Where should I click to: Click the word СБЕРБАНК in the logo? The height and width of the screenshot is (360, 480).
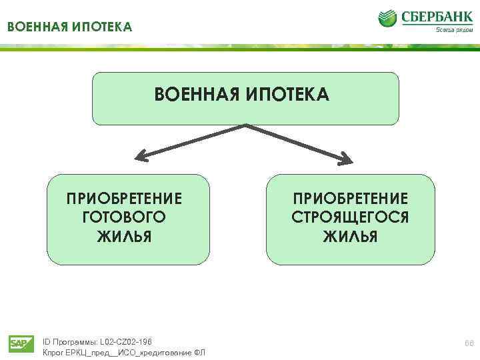pyautogui.click(x=435, y=15)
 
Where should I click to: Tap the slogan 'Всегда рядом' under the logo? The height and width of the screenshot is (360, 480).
pyautogui.click(x=453, y=29)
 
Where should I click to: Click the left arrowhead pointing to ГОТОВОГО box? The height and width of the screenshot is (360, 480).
pyautogui.click(x=141, y=157)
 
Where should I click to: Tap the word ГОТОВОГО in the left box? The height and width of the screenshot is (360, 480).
pyautogui.click(x=124, y=217)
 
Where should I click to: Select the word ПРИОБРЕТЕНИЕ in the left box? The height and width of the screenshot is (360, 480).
pyautogui.click(x=124, y=199)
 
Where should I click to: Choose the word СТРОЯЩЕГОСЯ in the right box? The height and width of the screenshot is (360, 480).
pyautogui.click(x=350, y=217)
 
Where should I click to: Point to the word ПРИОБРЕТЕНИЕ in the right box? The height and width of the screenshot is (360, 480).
pyautogui.click(x=350, y=199)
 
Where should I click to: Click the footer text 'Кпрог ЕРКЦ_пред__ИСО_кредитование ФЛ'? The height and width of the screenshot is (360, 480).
pyautogui.click(x=123, y=352)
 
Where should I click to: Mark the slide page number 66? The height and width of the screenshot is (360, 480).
pyautogui.click(x=469, y=343)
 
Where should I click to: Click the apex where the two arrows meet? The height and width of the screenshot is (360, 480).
pyautogui.click(x=246, y=125)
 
